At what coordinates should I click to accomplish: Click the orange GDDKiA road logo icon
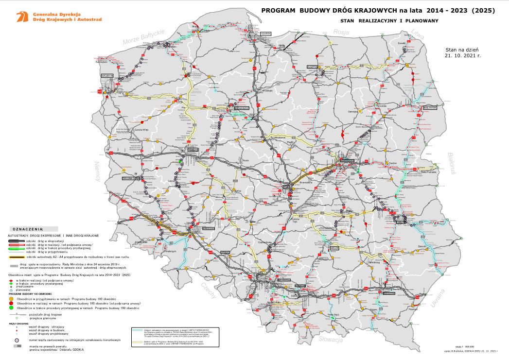(x=21, y=17)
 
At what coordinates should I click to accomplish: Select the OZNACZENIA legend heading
(x=28, y=228)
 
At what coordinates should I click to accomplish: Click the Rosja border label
(x=341, y=32)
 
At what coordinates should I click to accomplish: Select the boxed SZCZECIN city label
(x=107, y=76)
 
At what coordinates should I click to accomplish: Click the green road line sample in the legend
(x=16, y=248)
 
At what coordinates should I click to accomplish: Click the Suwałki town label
(x=402, y=43)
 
